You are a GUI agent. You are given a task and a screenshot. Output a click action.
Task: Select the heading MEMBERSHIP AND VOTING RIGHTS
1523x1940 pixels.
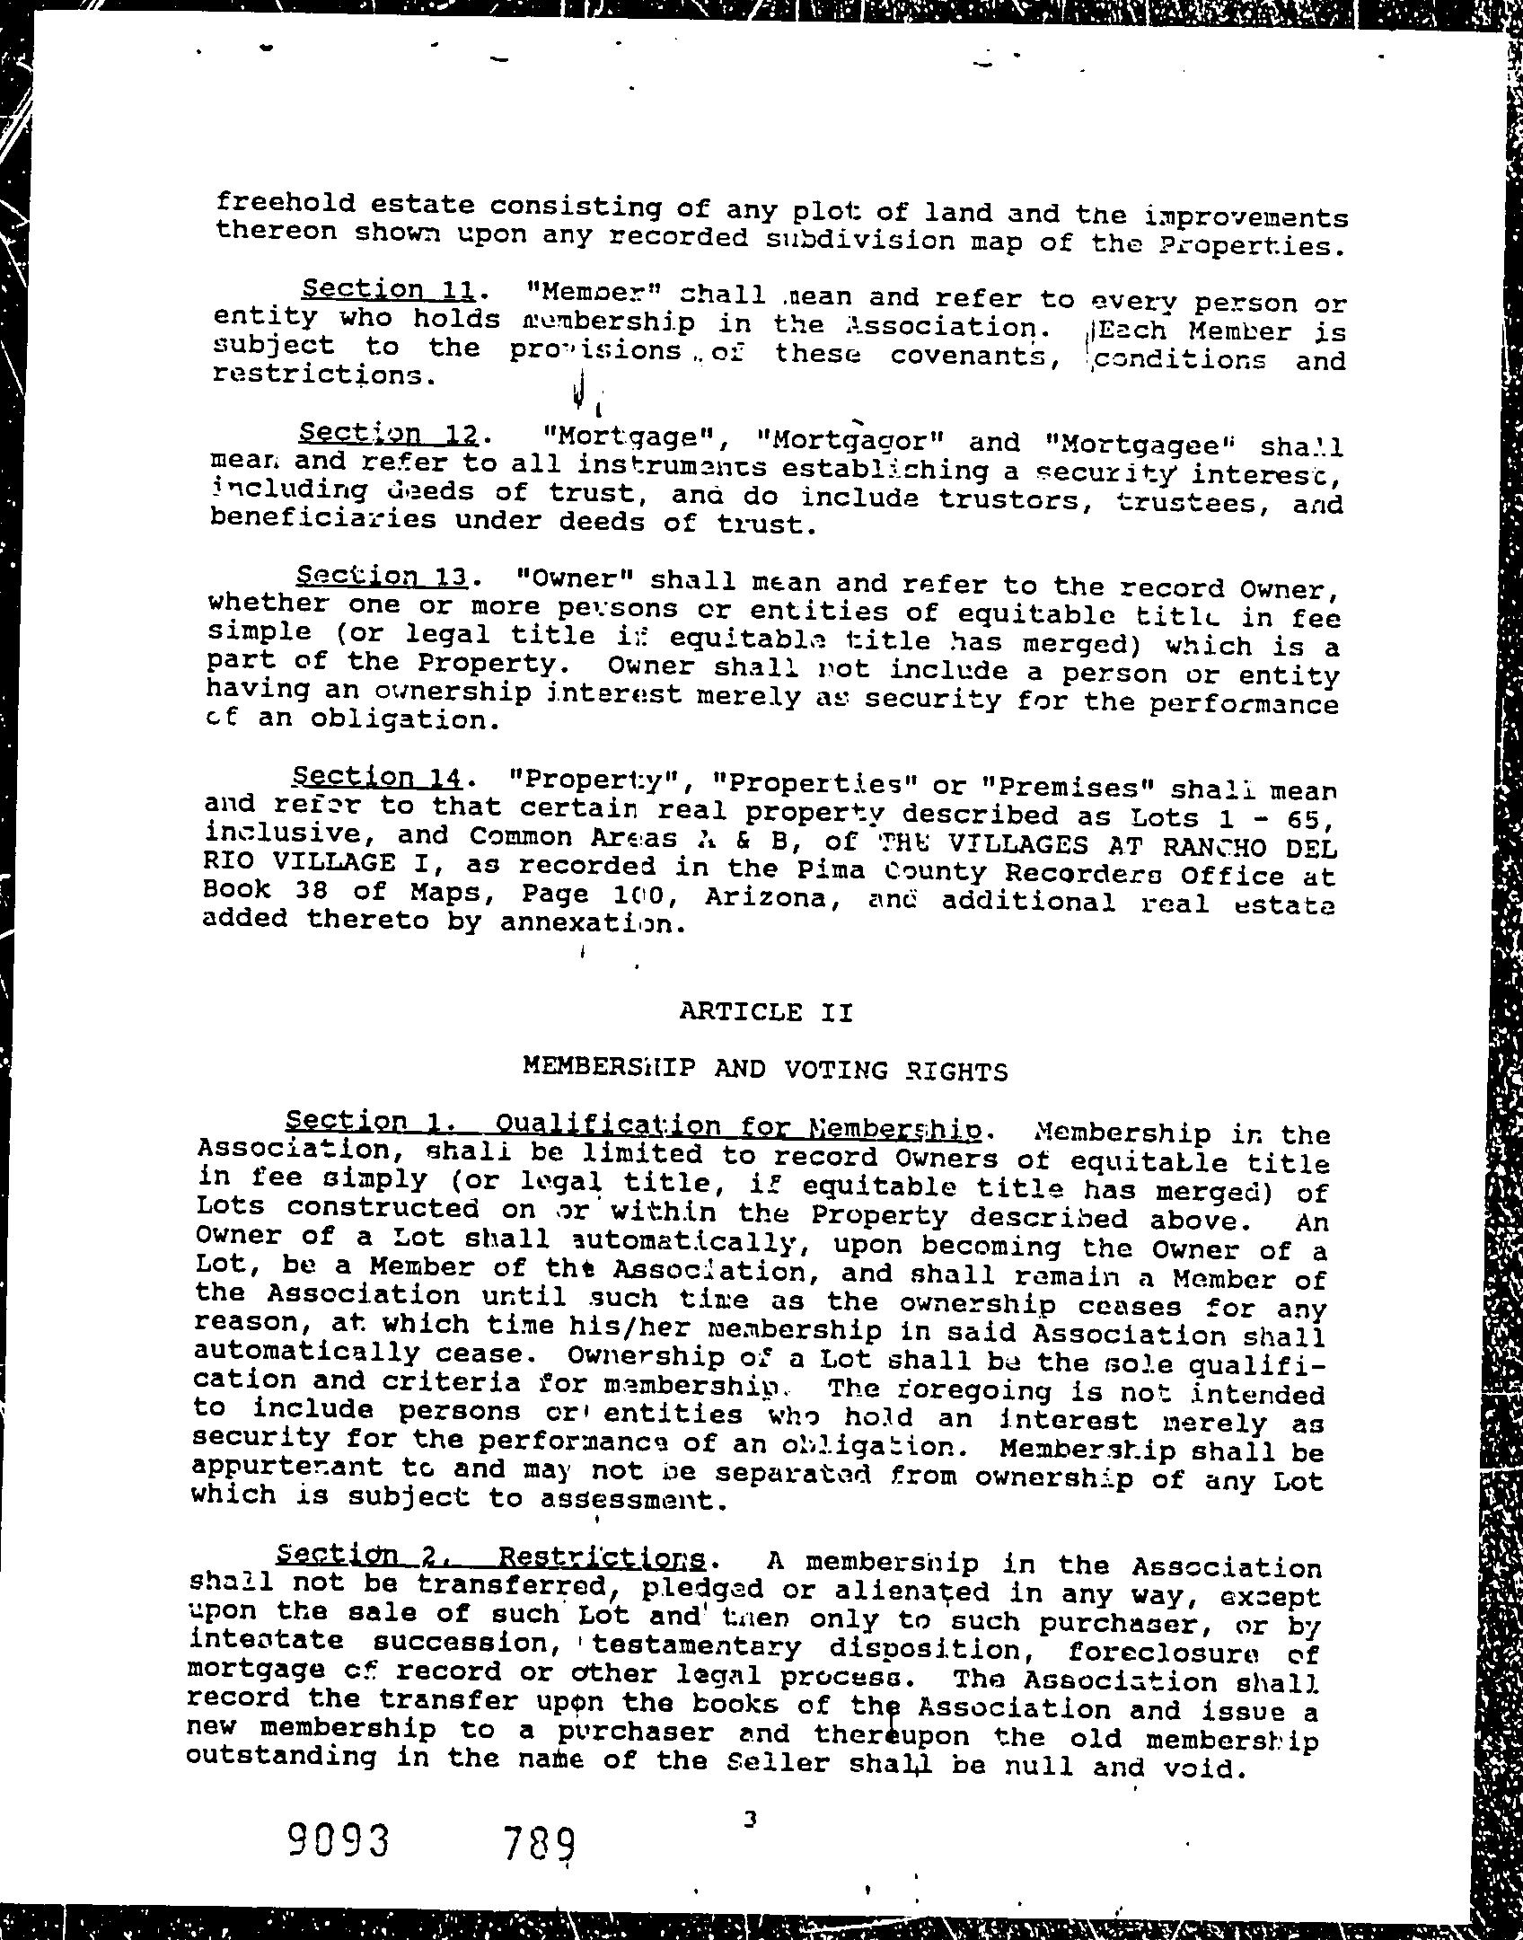point(765,1069)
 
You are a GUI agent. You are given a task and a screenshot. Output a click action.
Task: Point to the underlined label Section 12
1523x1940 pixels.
point(388,435)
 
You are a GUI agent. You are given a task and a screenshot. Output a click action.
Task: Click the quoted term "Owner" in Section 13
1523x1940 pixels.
point(571,578)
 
